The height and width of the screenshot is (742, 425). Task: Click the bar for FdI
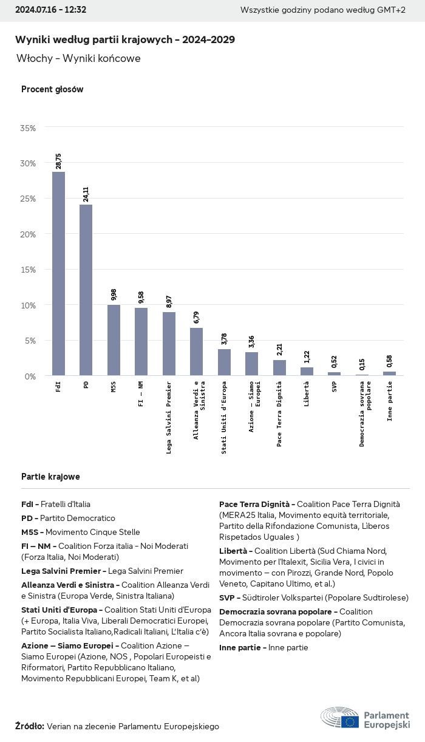tap(58, 273)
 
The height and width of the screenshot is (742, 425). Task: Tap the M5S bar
tap(114, 340)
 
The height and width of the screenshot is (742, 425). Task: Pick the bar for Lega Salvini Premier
tap(169, 344)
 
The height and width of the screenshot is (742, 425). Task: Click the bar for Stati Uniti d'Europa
tap(224, 362)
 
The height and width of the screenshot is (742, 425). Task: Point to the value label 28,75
tap(58, 161)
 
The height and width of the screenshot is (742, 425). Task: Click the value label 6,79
tap(197, 318)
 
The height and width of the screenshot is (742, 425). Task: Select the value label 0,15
tap(362, 364)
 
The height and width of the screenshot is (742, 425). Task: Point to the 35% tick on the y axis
tap(28, 128)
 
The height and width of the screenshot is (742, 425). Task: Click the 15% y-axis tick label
tap(28, 270)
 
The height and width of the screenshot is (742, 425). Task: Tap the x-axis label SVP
tap(335, 386)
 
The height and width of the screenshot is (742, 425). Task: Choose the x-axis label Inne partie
tap(390, 401)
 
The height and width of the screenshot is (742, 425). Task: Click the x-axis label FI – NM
tap(141, 393)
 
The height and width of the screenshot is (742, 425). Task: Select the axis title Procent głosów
tap(52, 89)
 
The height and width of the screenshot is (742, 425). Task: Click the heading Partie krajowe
tap(50, 477)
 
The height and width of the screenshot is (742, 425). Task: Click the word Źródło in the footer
tap(29, 726)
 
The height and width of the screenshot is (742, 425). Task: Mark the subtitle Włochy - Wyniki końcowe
tap(78, 59)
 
